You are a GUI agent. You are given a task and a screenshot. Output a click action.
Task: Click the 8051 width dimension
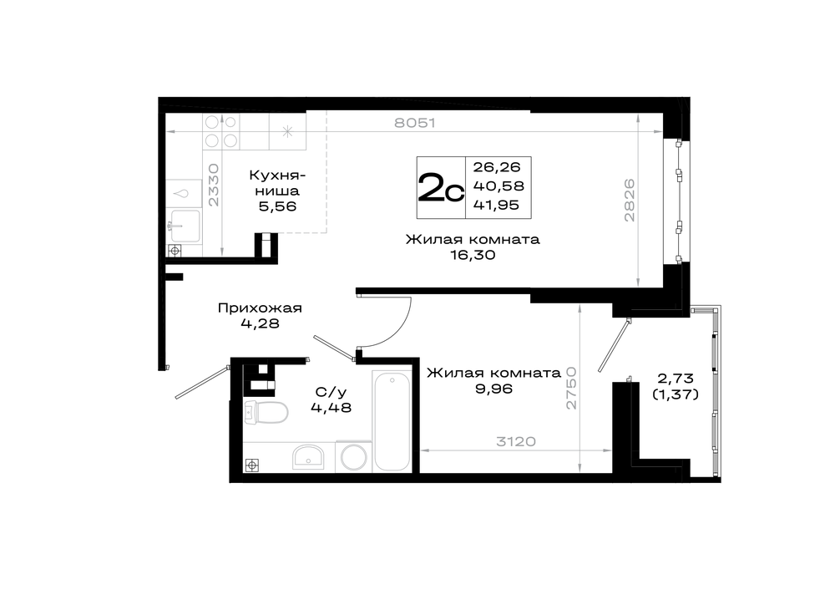click(415, 123)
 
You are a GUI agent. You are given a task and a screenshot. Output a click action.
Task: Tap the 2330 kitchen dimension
click(214, 185)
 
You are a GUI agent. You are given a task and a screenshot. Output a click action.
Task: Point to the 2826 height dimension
click(630, 200)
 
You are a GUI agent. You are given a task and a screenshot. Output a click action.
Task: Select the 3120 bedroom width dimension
click(515, 441)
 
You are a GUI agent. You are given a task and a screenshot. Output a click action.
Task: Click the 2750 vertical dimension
click(571, 388)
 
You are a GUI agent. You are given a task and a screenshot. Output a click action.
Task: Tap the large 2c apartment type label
click(441, 187)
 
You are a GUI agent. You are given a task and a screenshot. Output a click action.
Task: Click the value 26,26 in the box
click(496, 167)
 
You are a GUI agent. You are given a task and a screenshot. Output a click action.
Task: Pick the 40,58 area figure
click(498, 186)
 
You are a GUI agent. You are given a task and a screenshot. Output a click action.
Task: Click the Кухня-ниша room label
click(277, 183)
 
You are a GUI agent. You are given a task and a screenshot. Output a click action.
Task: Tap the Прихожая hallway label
click(260, 308)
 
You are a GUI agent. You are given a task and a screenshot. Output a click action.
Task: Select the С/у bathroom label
click(331, 392)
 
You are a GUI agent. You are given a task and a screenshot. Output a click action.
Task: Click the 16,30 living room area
click(473, 255)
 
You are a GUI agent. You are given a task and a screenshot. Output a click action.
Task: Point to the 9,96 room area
click(493, 389)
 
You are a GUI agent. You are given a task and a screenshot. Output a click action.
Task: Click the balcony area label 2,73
click(676, 379)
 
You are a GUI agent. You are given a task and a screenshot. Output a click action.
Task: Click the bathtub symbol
click(392, 421)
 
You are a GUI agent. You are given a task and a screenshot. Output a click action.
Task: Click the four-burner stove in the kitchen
click(221, 132)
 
